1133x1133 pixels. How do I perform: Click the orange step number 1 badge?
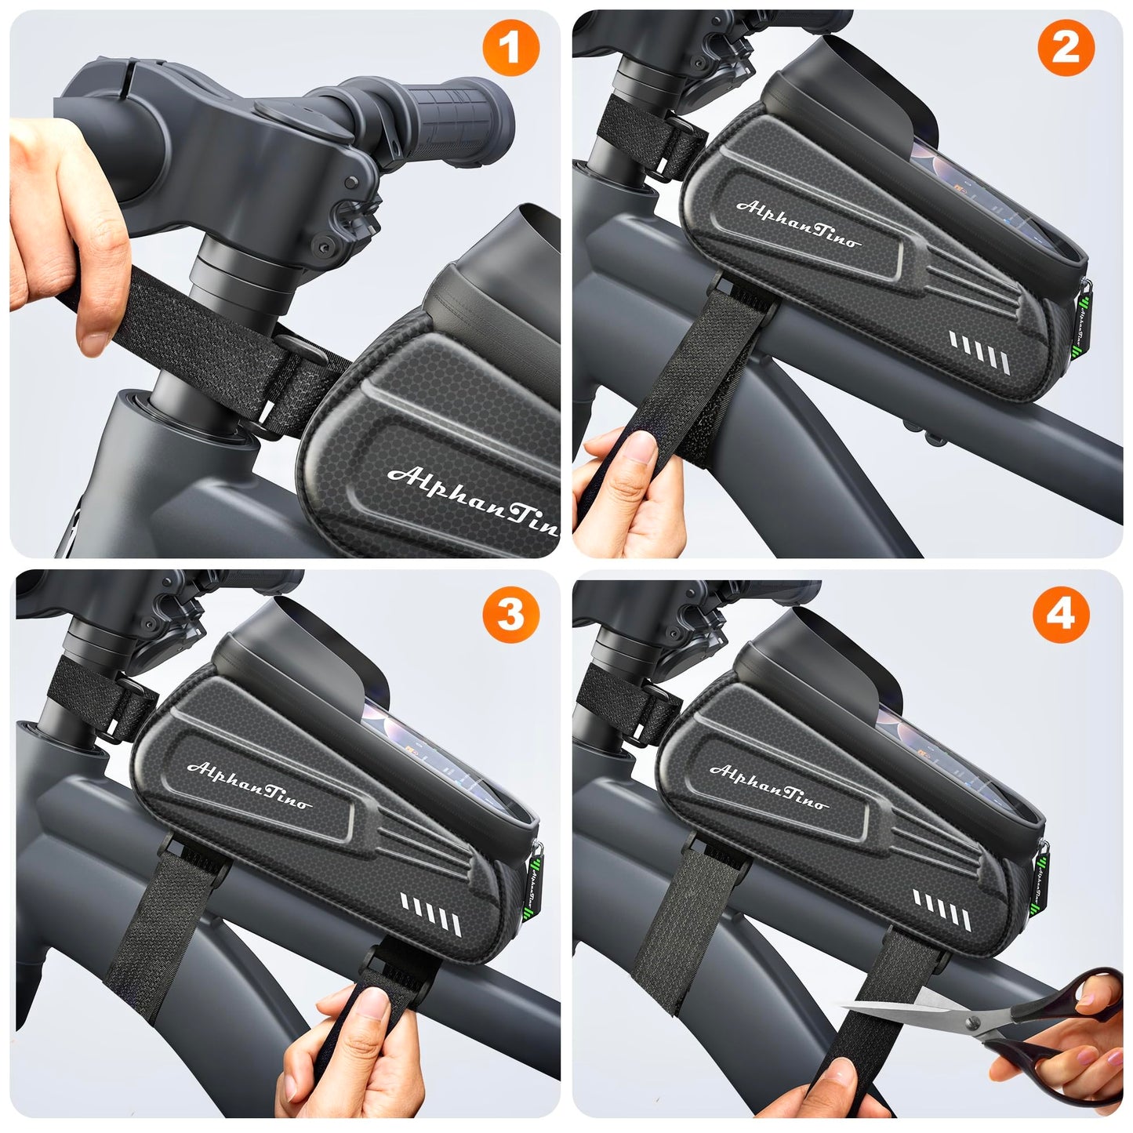click(x=510, y=49)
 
